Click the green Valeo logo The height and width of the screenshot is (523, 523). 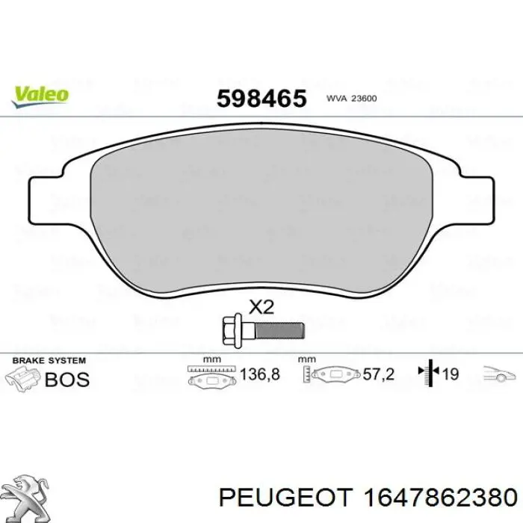point(40,94)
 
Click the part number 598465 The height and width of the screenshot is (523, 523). point(261,97)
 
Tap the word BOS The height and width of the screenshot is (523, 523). point(67,379)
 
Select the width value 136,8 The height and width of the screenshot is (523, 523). point(259,374)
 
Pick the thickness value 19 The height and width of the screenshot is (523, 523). point(450,374)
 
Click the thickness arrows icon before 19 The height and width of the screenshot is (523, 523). point(428,374)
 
